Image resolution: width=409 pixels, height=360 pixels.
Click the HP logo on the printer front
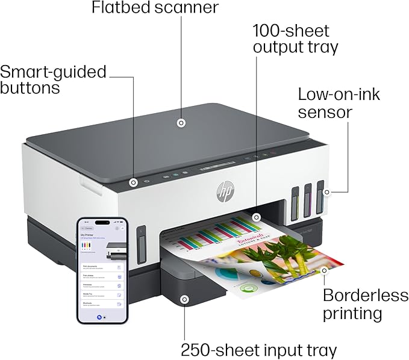(x=225, y=192)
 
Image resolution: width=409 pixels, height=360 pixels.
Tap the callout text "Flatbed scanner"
(x=155, y=8)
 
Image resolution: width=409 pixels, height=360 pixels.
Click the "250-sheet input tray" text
(x=259, y=350)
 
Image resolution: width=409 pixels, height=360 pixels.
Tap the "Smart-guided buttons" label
(x=53, y=80)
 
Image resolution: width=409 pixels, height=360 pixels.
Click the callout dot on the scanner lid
(x=180, y=123)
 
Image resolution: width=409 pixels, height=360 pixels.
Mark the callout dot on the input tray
(x=184, y=299)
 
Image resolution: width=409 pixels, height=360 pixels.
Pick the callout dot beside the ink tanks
(x=326, y=193)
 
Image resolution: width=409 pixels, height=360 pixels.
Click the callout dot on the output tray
(x=256, y=217)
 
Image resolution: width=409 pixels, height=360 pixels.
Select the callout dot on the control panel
(x=134, y=182)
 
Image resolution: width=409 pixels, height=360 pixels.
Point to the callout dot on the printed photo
(x=324, y=271)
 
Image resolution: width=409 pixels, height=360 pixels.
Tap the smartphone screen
(x=102, y=269)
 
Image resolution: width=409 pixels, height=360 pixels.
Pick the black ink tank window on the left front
(x=142, y=245)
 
